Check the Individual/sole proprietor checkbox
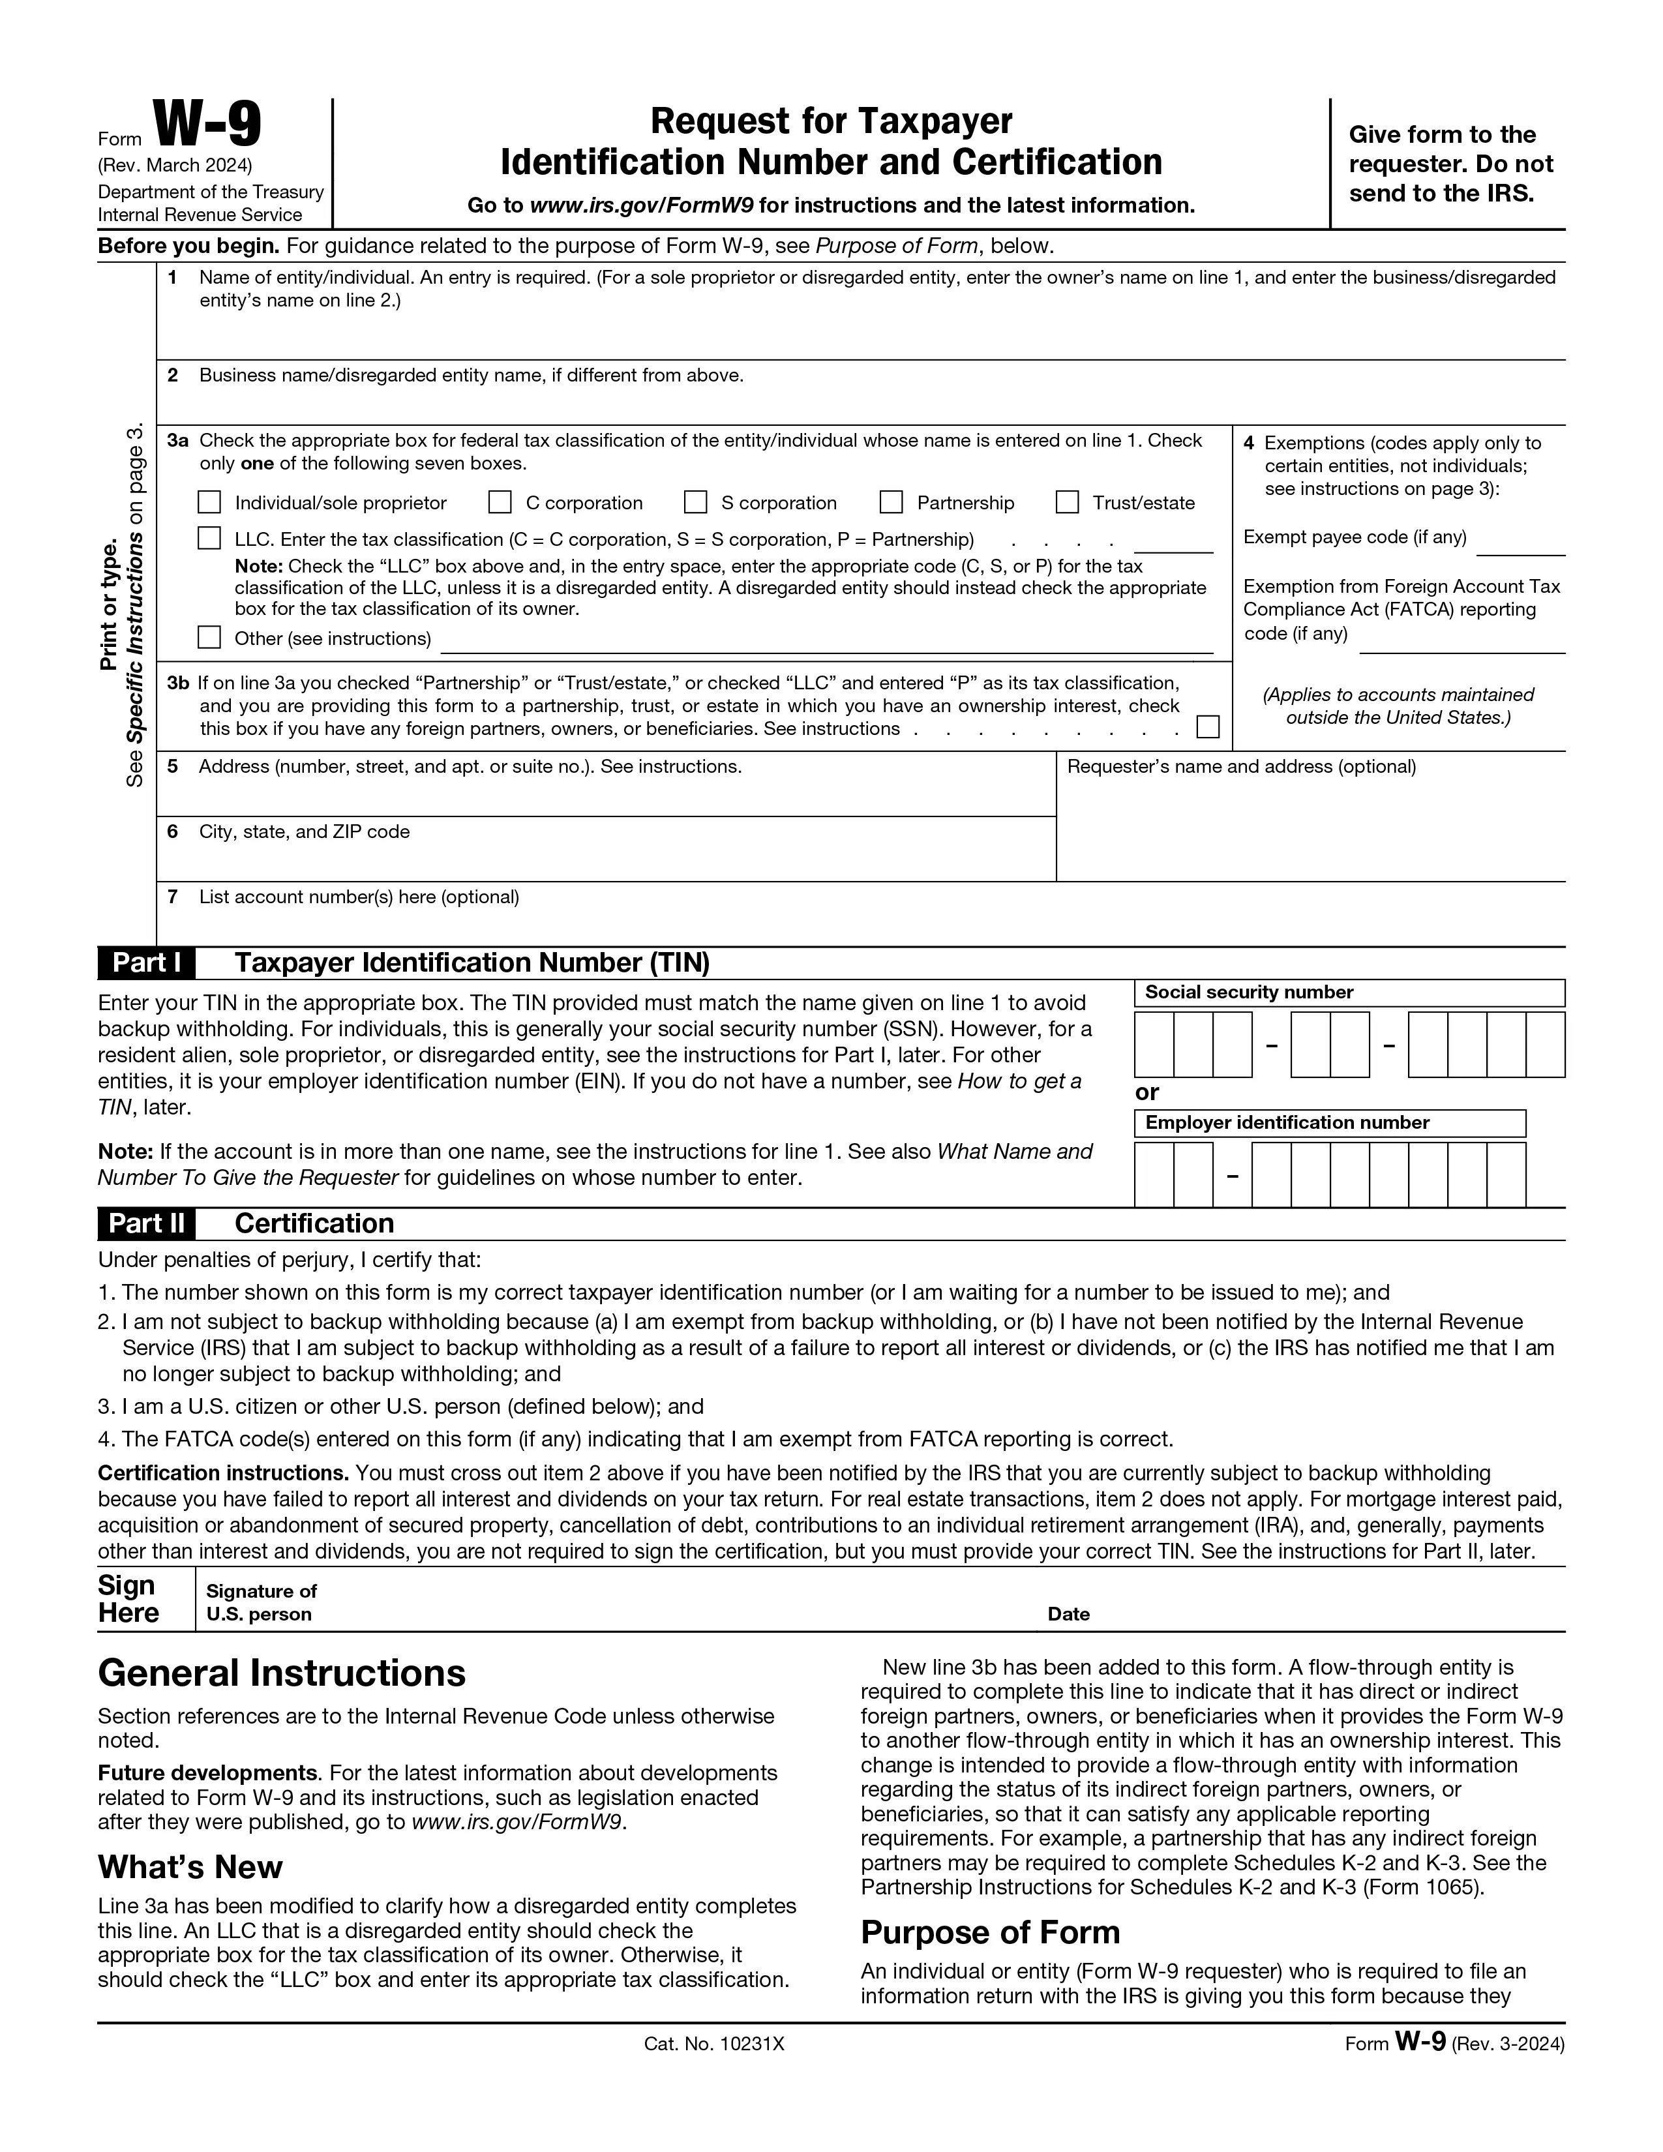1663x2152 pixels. [x=209, y=503]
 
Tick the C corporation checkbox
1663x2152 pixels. [x=500, y=503]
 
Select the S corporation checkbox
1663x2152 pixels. [x=696, y=503]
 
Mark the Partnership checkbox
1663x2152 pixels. [x=891, y=503]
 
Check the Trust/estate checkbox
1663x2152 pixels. [x=1067, y=503]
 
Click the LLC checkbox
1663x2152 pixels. [x=209, y=538]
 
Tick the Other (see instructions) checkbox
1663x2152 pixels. [x=209, y=638]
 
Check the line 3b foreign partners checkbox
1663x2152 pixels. [x=1208, y=727]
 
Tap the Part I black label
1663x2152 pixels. [x=147, y=963]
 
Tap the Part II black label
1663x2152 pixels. [x=147, y=1224]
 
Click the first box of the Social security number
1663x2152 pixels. [x=1154, y=1045]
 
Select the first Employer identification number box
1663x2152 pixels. [x=1154, y=1174]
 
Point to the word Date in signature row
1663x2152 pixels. [x=1069, y=1614]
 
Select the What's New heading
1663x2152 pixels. [x=190, y=1867]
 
